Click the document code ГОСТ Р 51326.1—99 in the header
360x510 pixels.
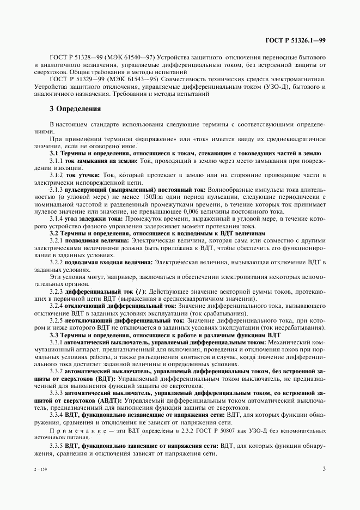click(295, 40)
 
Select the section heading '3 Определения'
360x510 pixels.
click(75, 108)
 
